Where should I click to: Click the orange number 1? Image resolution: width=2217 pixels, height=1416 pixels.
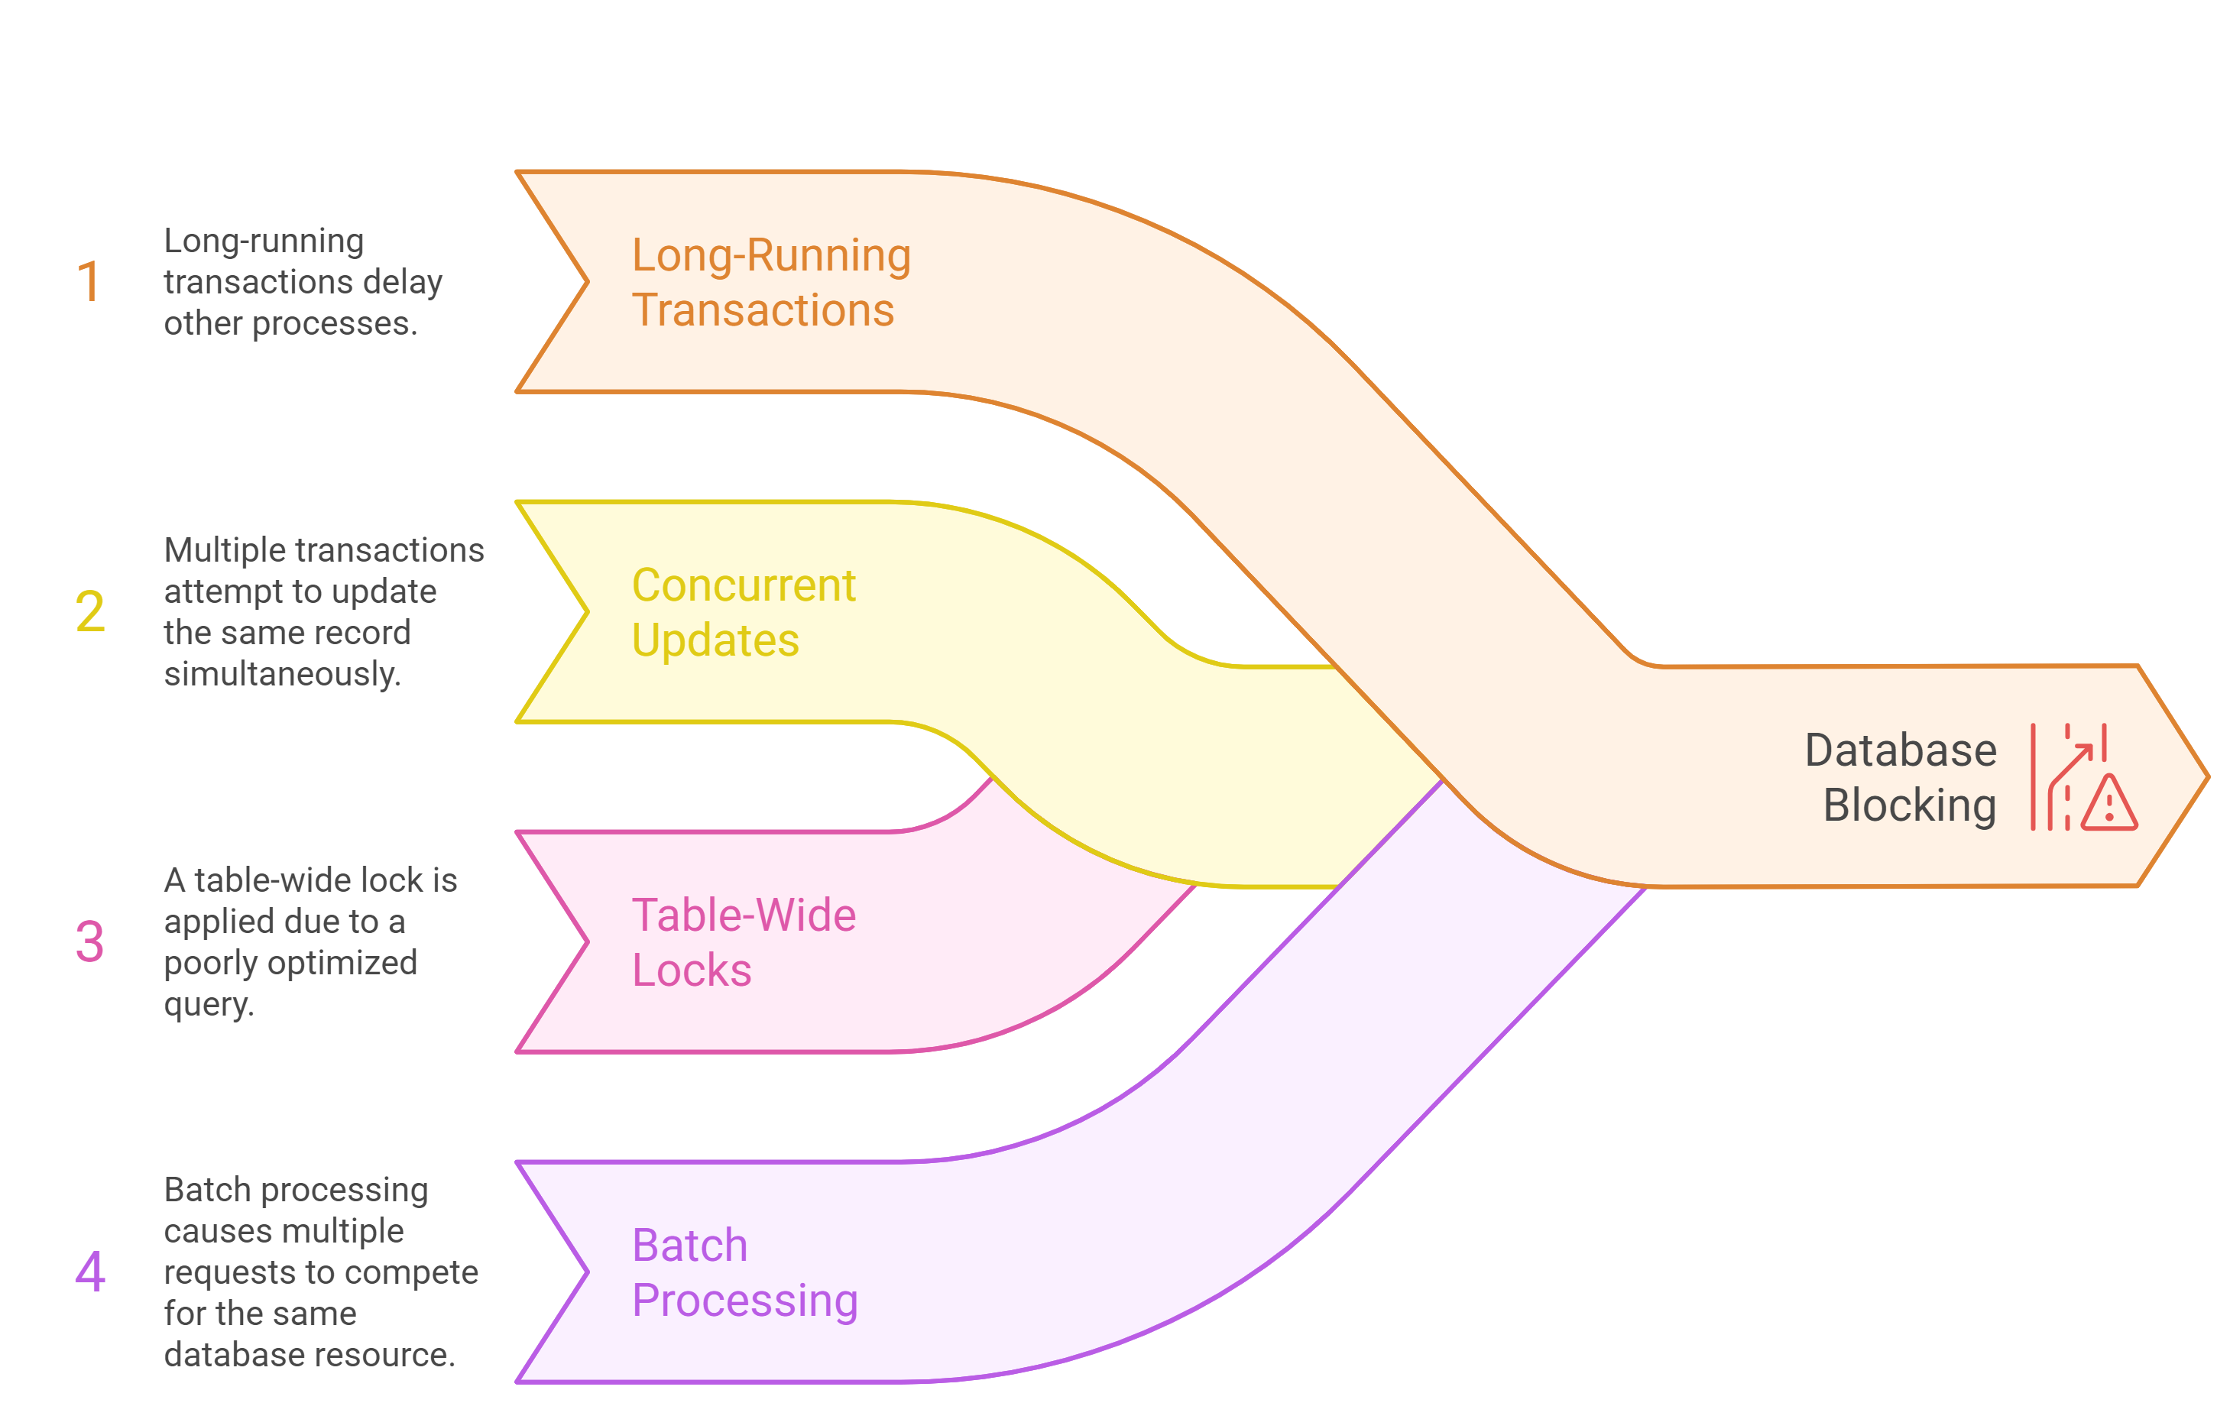pos(89,282)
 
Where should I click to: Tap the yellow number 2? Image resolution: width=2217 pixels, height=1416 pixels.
pos(90,611)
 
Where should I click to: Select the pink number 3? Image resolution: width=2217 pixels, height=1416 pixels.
pos(89,941)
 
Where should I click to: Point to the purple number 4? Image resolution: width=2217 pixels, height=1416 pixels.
pos(90,1272)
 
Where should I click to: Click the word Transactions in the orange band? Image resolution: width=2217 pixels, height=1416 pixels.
pos(763,310)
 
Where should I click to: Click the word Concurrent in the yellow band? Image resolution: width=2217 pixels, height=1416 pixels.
pos(743,585)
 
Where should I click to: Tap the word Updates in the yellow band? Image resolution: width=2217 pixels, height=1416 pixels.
pos(715,641)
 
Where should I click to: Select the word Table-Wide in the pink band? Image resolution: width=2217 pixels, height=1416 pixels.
pos(743,916)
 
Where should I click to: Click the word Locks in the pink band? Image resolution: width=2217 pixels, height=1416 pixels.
pos(692,970)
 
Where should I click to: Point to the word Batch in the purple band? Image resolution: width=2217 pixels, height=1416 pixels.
pos(689,1246)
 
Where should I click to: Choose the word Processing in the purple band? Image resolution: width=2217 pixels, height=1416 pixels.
pos(745,1301)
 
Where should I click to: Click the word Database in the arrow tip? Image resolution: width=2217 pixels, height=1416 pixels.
pos(1901,750)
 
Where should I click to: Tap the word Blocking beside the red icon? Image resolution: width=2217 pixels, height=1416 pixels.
pos(1910,805)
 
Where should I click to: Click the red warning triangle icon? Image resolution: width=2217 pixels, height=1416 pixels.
pos(2108,805)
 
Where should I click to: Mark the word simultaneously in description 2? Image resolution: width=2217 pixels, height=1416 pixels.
pos(282,674)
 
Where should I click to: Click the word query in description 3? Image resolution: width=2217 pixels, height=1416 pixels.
pos(208,1003)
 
